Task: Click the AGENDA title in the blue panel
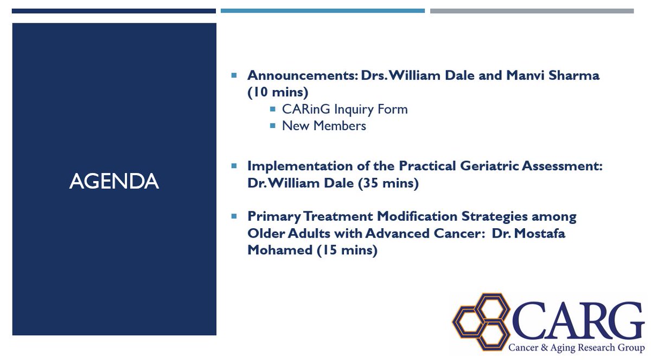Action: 114,181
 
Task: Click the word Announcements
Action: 302,75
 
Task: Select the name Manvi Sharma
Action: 552,75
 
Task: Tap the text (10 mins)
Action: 278,92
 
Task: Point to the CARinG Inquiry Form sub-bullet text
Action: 344,110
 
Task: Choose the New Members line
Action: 324,126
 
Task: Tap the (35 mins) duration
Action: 388,183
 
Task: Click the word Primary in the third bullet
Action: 274,217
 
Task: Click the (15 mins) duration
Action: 347,250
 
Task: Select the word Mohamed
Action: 279,250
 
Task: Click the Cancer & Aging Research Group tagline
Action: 576,348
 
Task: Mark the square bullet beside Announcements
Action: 234,75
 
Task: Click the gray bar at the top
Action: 532,11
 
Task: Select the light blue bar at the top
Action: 323,11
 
